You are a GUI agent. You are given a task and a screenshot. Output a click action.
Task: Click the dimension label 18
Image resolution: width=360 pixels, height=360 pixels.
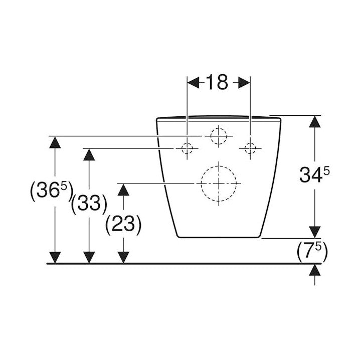click(x=217, y=82)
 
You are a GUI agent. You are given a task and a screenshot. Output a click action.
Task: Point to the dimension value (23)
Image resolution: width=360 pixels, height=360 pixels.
click(x=123, y=224)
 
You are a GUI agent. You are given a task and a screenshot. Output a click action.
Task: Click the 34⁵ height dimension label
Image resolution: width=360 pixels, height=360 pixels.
click(x=314, y=174)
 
